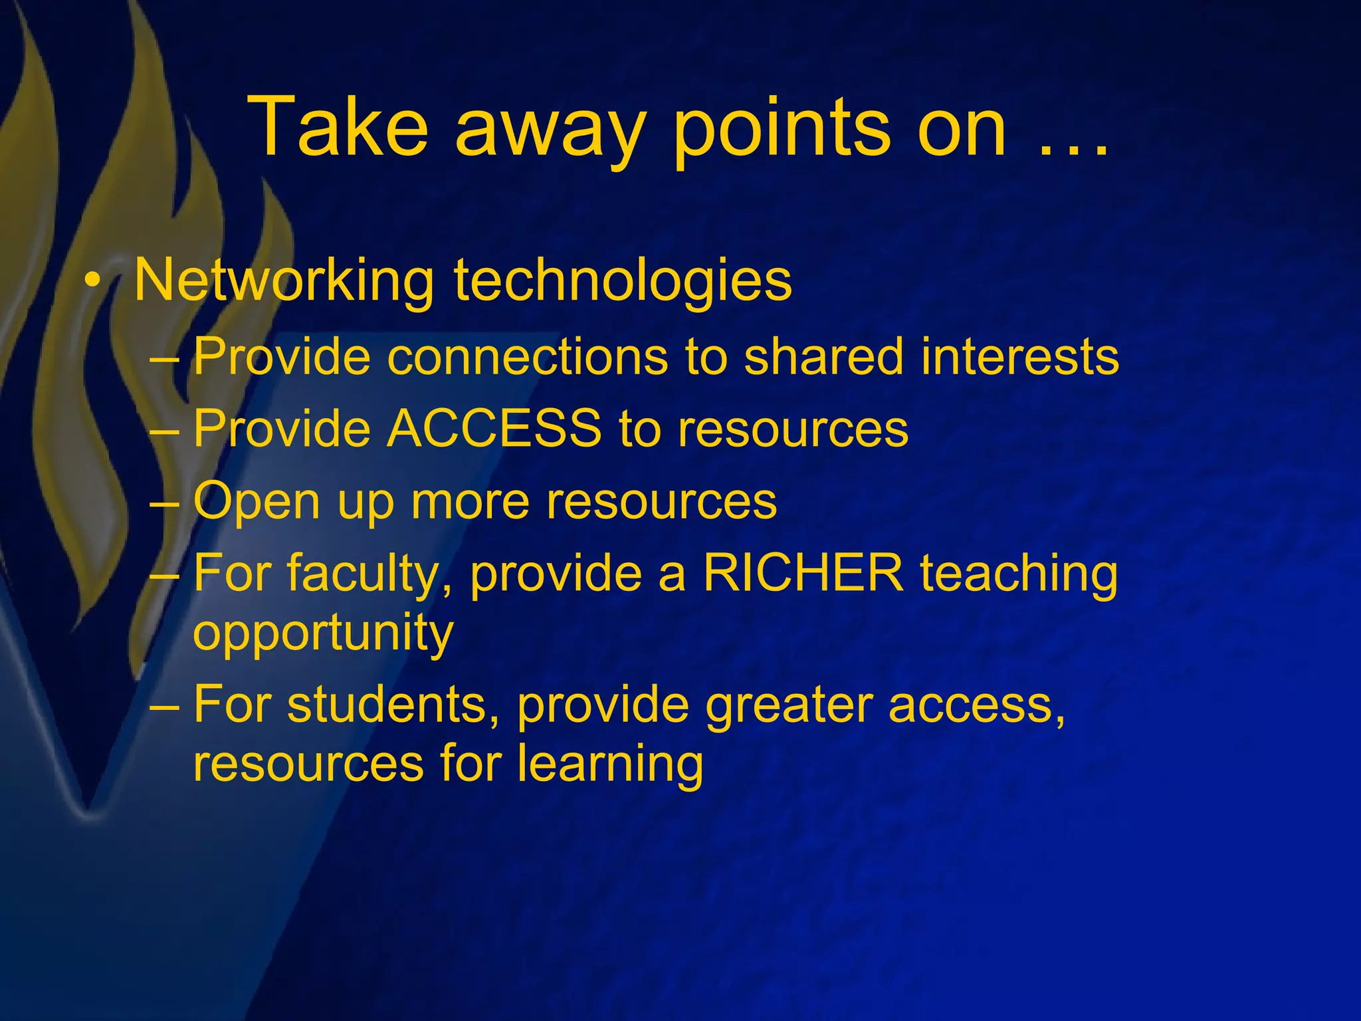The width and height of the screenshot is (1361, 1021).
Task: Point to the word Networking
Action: [284, 281]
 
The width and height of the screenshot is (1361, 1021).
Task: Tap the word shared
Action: [823, 357]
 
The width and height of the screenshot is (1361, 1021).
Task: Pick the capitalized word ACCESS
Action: [494, 429]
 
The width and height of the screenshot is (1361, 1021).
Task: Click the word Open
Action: [257, 503]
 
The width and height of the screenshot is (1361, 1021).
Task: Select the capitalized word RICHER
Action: [803, 573]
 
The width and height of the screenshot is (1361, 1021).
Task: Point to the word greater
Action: [788, 706]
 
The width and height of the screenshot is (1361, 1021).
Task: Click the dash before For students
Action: [164, 705]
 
